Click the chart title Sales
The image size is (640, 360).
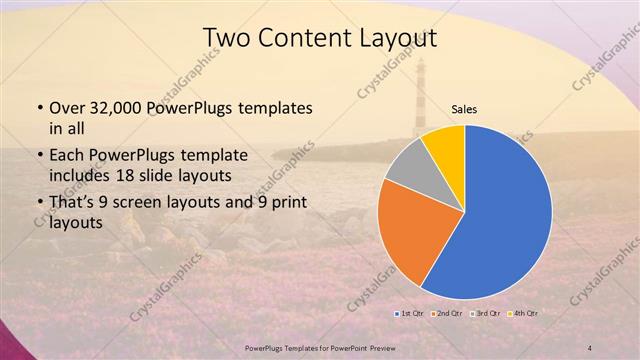(464, 110)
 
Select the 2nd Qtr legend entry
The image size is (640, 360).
(446, 314)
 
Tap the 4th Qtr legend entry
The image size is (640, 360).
(525, 314)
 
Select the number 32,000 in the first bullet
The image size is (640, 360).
(120, 107)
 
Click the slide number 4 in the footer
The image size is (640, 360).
(590, 347)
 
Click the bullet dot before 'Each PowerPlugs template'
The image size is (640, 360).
(39, 156)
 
